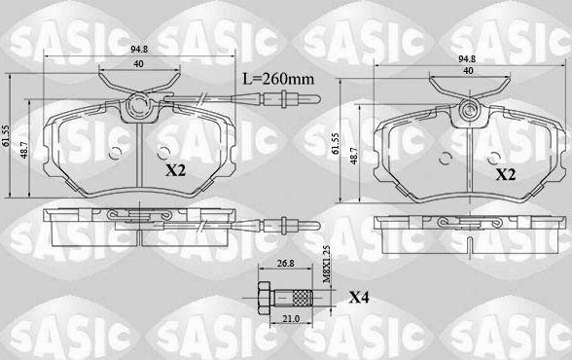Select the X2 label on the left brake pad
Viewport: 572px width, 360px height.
(x=174, y=169)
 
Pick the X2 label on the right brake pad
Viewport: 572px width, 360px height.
(x=506, y=175)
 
